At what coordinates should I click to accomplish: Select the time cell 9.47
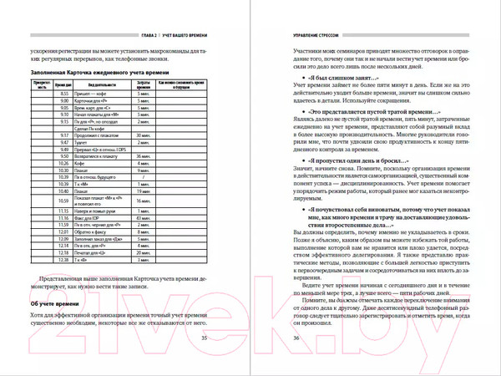pyautogui.click(x=63, y=141)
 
